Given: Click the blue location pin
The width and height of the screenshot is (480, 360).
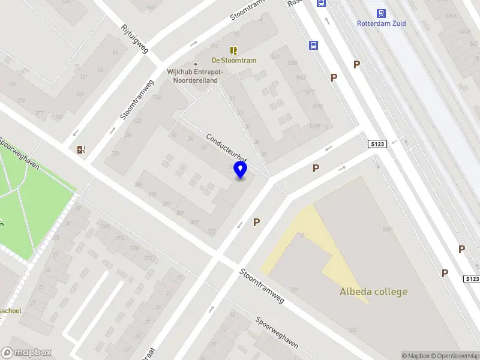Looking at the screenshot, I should click(x=240, y=170).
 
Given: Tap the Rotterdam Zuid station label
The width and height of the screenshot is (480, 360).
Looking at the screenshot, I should click(x=381, y=23).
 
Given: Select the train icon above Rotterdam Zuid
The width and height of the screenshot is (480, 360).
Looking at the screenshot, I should click(x=381, y=13).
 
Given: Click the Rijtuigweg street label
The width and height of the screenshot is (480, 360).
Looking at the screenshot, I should click(x=134, y=38).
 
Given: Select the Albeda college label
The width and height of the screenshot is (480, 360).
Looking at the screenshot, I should click(x=373, y=292).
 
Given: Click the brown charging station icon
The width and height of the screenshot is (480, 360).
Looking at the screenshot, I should click(x=81, y=149).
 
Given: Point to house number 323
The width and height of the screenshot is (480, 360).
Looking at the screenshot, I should click(x=211, y=231).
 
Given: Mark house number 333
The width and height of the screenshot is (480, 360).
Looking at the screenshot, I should click(x=352, y=330).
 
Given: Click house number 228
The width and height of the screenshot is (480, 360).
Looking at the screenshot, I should click(x=115, y=154).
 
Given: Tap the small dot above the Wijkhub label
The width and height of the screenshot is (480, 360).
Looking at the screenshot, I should click(x=196, y=64).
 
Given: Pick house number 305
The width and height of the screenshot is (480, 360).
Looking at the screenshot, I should click(x=194, y=222).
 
